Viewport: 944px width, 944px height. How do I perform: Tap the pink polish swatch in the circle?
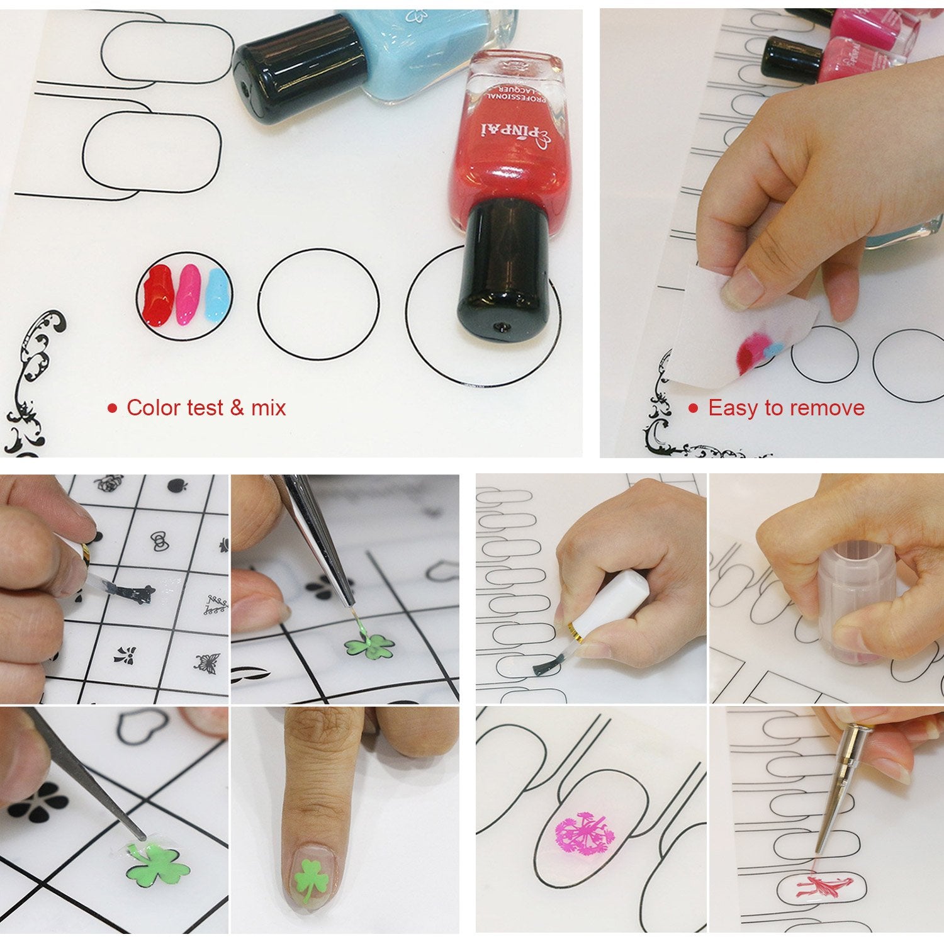pos(188,294)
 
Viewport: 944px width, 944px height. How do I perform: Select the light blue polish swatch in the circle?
pos(216,293)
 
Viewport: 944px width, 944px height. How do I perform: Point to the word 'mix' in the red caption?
pos(269,408)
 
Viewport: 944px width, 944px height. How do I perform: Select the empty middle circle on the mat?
pos(318,305)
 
